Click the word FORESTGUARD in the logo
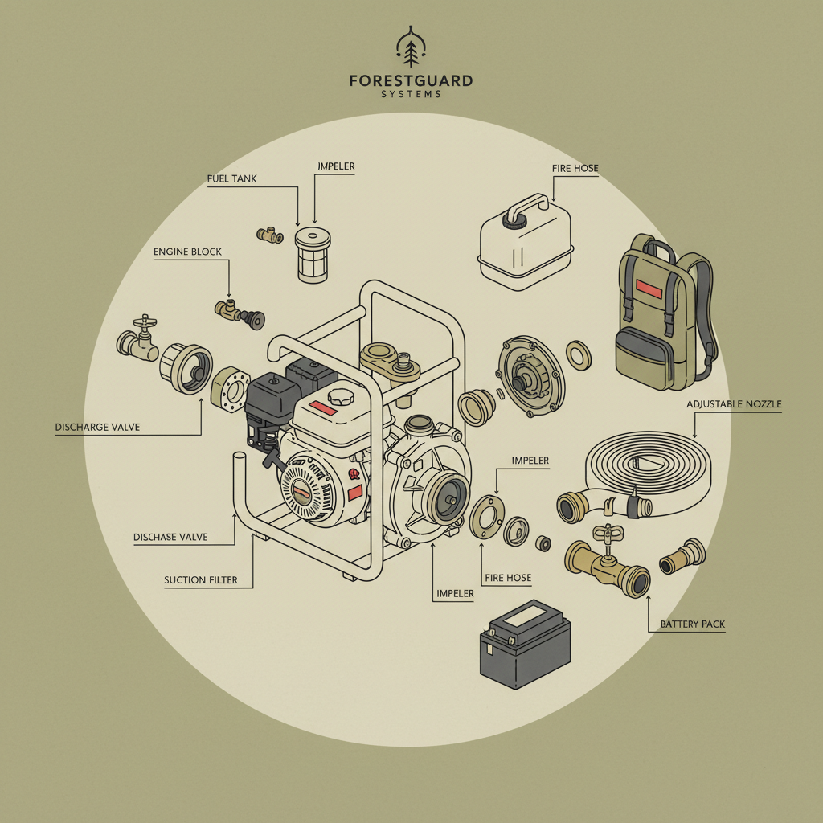point(411,81)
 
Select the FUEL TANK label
point(231,178)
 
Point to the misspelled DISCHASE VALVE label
point(170,536)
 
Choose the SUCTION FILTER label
point(200,579)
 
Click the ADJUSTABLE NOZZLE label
point(734,403)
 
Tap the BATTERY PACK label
point(692,624)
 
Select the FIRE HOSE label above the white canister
point(575,168)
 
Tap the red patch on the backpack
point(648,287)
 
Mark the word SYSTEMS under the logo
point(411,95)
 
